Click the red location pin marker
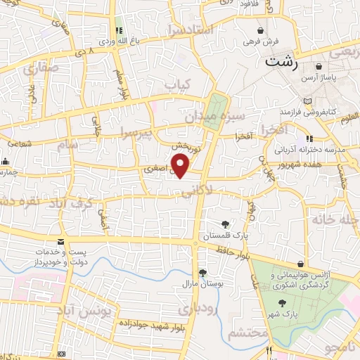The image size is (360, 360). click(181, 165)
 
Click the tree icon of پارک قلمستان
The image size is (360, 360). click(225, 224)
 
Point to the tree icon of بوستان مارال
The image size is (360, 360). click(202, 273)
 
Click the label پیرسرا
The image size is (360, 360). click(134, 133)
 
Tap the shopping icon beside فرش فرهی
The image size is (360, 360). click(262, 31)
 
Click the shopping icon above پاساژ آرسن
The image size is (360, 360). click(319, 67)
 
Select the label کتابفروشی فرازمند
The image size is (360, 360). click(309, 112)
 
